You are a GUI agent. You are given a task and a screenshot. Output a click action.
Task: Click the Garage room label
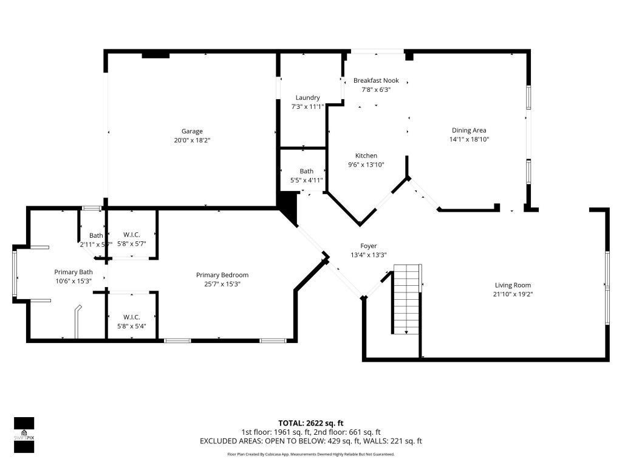192,131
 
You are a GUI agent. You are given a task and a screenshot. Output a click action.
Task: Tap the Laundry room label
307,98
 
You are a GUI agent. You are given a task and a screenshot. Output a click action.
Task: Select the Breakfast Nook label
376,80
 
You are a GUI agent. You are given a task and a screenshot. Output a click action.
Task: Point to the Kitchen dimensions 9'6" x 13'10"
366,165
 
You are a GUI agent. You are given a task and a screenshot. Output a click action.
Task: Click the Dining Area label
469,130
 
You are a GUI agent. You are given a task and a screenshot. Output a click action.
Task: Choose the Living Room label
513,285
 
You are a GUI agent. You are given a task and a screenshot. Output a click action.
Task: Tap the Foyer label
369,246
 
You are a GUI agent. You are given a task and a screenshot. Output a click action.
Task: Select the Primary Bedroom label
222,275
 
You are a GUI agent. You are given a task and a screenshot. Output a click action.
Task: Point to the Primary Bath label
73,272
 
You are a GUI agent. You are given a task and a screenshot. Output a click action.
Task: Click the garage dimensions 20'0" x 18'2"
192,140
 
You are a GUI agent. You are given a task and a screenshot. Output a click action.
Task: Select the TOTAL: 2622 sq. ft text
311,423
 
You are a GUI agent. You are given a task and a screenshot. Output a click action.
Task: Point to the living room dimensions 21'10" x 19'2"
513,294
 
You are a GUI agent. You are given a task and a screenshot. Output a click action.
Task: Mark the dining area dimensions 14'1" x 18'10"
469,139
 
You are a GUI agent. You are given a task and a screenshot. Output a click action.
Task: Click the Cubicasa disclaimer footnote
311,454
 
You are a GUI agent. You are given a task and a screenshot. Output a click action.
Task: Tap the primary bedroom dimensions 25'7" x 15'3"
222,284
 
